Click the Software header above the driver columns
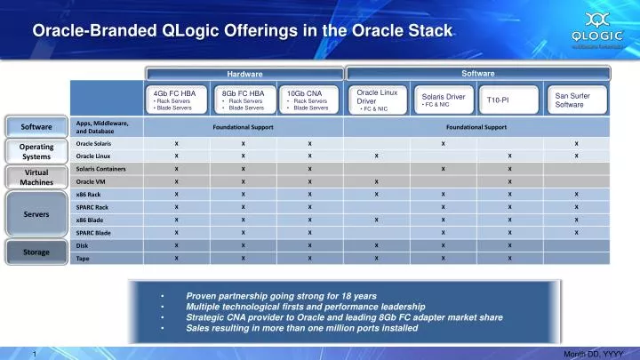pos(478,73)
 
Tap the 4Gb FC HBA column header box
pos(178,100)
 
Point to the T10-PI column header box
pos(509,100)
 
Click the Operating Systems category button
pos(36,151)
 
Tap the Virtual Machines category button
pos(36,176)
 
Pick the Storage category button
pos(36,252)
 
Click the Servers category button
pos(36,213)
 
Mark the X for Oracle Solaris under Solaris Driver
pos(443,143)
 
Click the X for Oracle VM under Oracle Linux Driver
pos(377,180)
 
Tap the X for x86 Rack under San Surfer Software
pos(576,194)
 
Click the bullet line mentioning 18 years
pos(281,294)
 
